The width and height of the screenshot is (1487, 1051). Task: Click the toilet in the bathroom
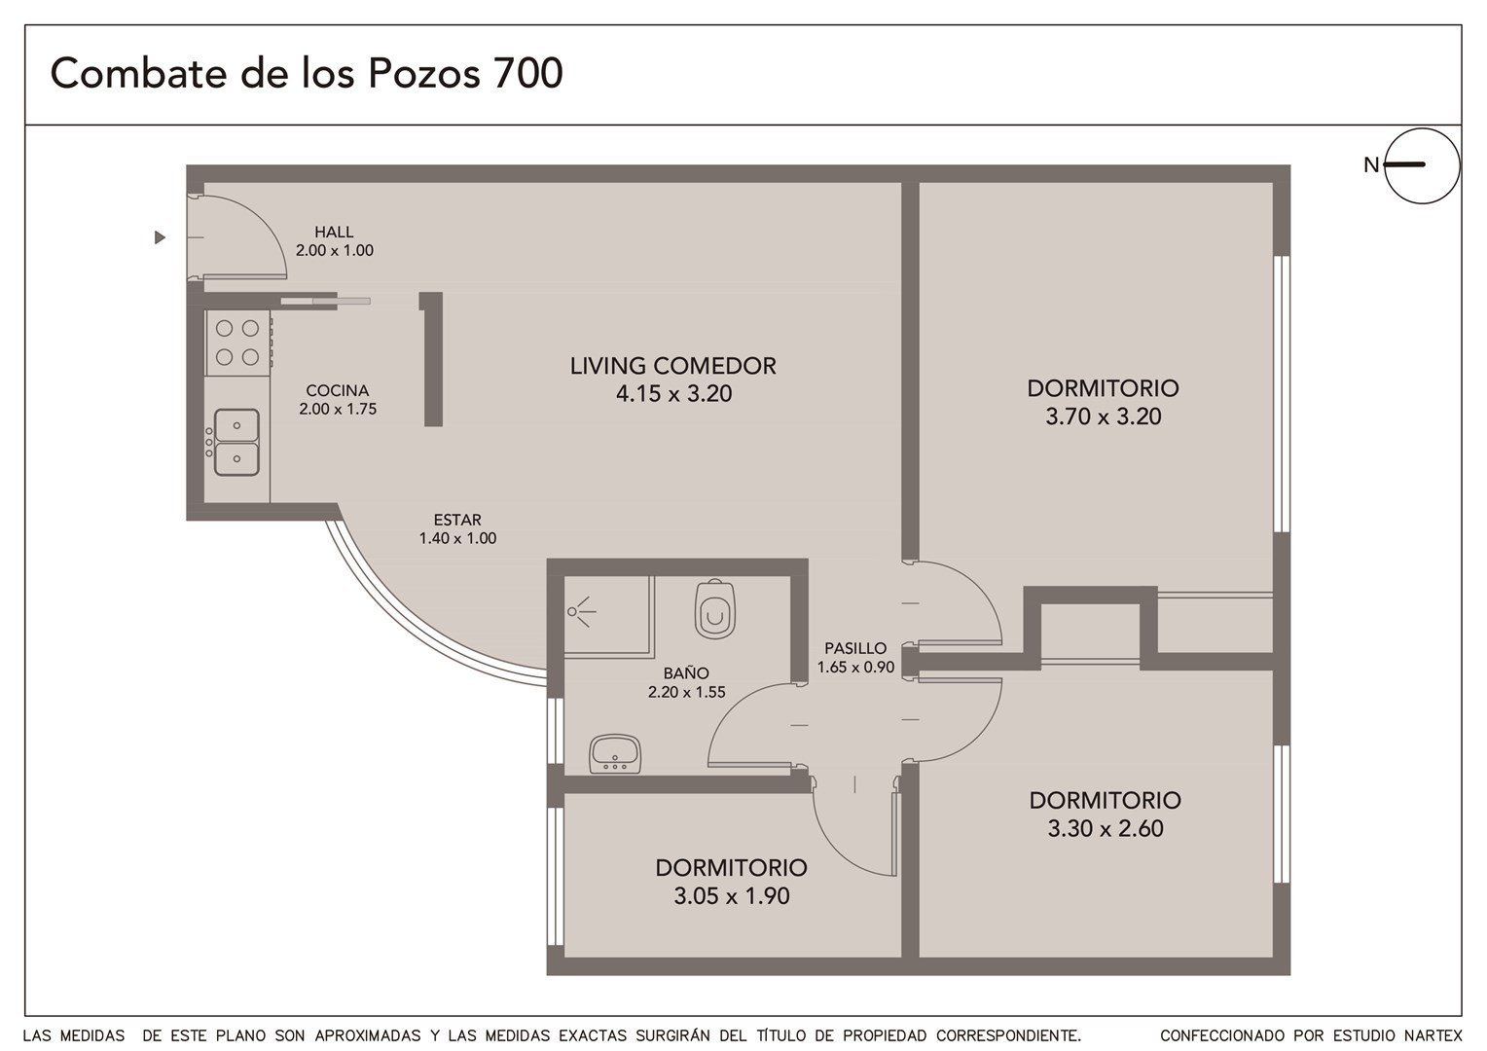tap(715, 609)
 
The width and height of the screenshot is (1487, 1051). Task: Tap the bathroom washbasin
tap(614, 753)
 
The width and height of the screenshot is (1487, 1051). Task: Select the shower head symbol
tap(580, 611)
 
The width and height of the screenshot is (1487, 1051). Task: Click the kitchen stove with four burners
tap(238, 343)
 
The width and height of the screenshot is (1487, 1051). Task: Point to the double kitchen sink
tap(236, 442)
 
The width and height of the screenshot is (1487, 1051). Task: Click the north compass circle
tap(1422, 165)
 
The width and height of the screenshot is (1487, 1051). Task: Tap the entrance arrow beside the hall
tap(160, 237)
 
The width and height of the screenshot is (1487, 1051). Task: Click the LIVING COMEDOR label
tap(673, 366)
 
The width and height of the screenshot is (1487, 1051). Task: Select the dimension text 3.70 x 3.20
tap(1104, 417)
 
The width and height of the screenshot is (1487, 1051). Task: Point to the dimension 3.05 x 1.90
tap(732, 895)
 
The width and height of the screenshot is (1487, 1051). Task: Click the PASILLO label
tap(855, 647)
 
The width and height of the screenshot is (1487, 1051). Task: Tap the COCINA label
tap(338, 390)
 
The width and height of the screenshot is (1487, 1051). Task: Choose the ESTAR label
tap(457, 520)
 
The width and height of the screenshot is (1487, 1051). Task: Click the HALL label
tap(334, 232)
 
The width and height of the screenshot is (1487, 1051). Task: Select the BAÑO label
tap(686, 672)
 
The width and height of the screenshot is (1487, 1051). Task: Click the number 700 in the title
tap(527, 73)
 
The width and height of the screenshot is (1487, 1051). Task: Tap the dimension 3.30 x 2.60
tap(1106, 828)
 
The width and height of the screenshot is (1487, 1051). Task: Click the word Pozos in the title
tap(423, 73)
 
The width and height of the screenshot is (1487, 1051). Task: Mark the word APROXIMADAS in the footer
tap(368, 1035)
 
